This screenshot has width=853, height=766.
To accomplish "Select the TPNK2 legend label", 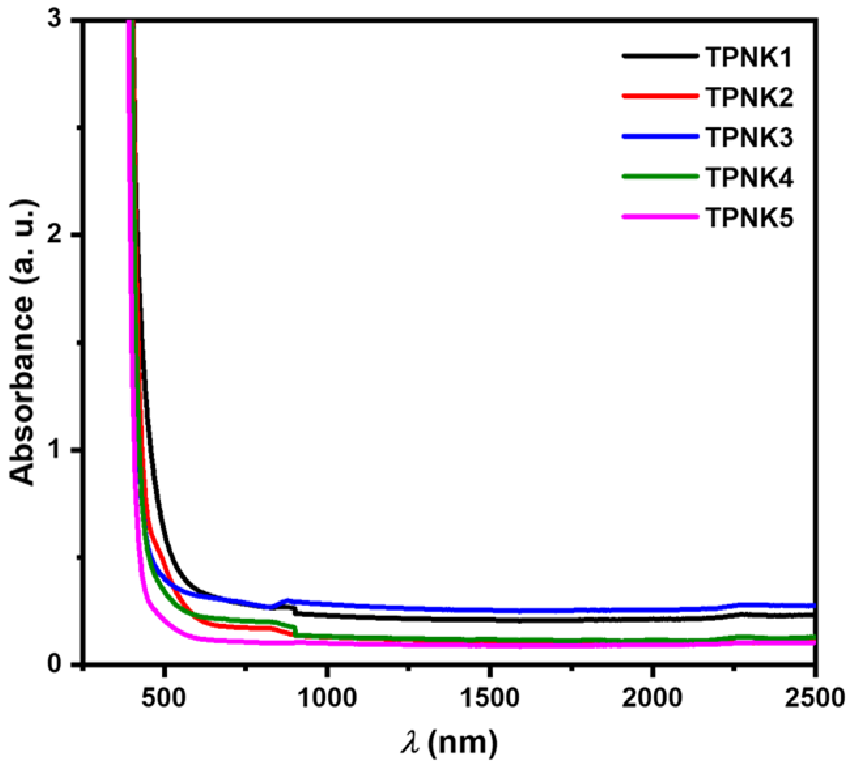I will [x=749, y=97].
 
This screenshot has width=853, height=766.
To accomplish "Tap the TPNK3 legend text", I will [x=749, y=138].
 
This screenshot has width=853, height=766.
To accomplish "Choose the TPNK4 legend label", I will [x=749, y=177].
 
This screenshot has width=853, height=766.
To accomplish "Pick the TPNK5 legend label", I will [x=749, y=218].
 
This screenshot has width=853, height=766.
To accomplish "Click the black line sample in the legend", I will [x=658, y=56].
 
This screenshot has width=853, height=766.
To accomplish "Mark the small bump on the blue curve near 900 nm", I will [x=288, y=601].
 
